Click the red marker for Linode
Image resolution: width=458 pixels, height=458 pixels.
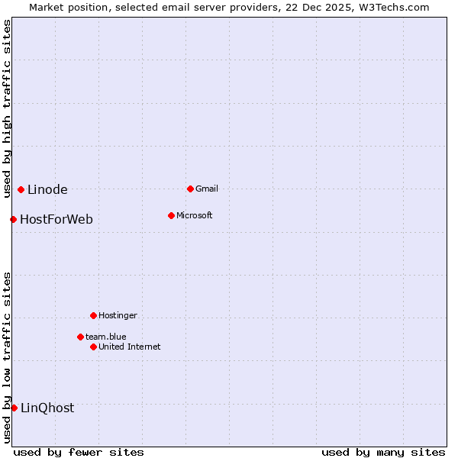(21, 189)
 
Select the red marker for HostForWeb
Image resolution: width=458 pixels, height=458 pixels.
(13, 219)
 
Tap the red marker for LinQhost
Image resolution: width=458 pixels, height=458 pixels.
(14, 408)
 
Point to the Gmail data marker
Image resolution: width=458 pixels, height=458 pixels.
(190, 189)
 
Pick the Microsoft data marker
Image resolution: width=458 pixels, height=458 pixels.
(171, 215)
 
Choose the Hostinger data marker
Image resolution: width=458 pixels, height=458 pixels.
(93, 315)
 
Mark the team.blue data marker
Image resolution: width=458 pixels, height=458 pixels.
(80, 337)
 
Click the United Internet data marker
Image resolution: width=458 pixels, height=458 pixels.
(93, 347)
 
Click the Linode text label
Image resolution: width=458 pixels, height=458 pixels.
(47, 190)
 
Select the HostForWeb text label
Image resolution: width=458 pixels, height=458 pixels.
(56, 220)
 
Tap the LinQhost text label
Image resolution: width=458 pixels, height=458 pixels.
(47, 408)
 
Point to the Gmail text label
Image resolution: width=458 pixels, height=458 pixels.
(207, 189)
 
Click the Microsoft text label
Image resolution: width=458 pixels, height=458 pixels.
(195, 215)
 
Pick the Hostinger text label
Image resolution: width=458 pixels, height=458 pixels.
(118, 315)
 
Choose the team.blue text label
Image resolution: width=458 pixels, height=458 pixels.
(106, 337)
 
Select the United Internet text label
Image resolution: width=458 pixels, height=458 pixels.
(130, 347)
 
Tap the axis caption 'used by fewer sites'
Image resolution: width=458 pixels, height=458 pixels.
(79, 452)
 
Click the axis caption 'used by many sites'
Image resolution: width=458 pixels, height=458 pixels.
(383, 452)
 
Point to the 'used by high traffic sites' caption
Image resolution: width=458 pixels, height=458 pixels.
(7, 108)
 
